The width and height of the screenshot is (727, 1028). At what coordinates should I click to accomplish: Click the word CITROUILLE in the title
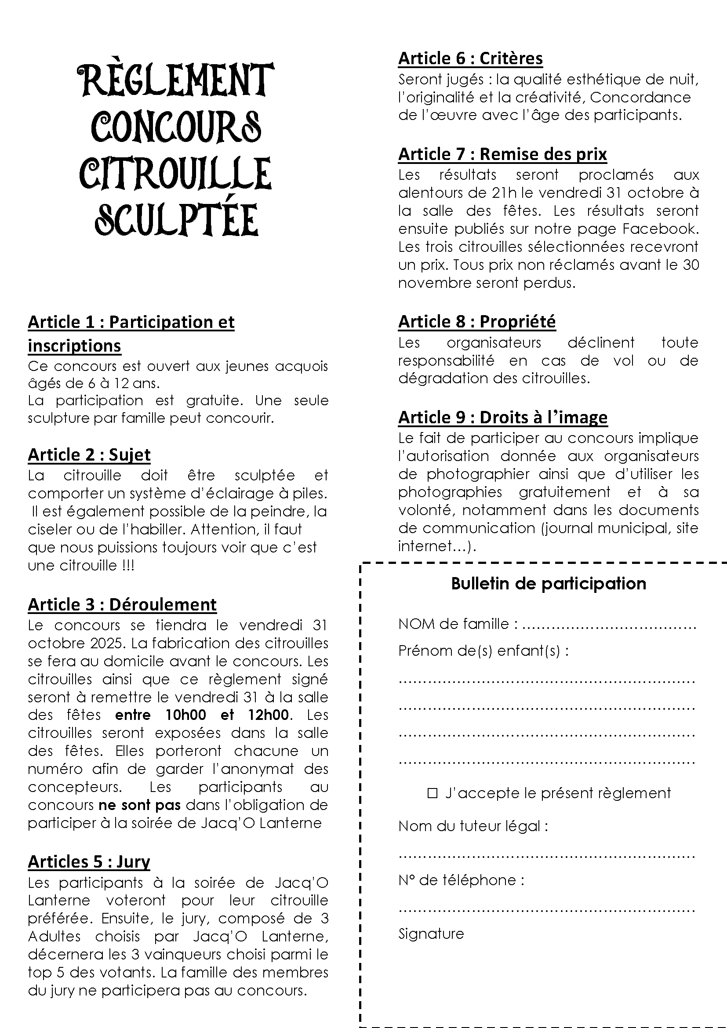tap(175, 172)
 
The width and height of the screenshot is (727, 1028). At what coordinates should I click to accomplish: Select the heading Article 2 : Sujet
tap(89, 454)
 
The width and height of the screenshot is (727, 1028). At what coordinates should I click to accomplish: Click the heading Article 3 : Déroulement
tap(122, 604)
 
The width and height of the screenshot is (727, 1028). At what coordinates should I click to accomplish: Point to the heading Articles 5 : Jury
tap(89, 861)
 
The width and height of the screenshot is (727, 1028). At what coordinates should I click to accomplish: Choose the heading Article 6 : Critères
tap(470, 58)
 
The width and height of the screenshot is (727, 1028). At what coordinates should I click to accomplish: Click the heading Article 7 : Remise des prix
tap(502, 154)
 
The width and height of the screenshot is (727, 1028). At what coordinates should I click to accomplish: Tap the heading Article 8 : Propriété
tap(477, 321)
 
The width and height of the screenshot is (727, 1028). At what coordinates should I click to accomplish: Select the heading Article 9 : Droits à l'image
tap(503, 417)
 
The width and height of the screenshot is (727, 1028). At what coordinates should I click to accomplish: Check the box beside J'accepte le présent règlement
tap(433, 793)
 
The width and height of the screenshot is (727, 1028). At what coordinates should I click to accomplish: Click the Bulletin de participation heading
tap(549, 583)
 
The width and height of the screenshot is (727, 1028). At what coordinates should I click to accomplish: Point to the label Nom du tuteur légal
tap(473, 826)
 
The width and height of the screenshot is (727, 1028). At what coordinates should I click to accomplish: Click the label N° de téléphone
tap(461, 880)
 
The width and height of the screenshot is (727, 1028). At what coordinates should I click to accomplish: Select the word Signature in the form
tap(431, 934)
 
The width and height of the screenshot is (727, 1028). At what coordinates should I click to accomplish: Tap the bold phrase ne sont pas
tap(140, 805)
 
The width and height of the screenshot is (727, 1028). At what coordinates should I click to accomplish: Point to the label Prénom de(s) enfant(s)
tap(483, 650)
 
